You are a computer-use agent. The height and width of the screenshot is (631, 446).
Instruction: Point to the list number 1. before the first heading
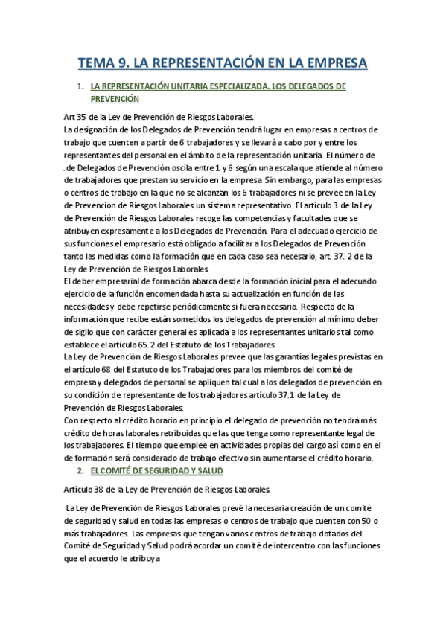80,86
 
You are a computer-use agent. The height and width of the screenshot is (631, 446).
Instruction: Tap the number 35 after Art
83,117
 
